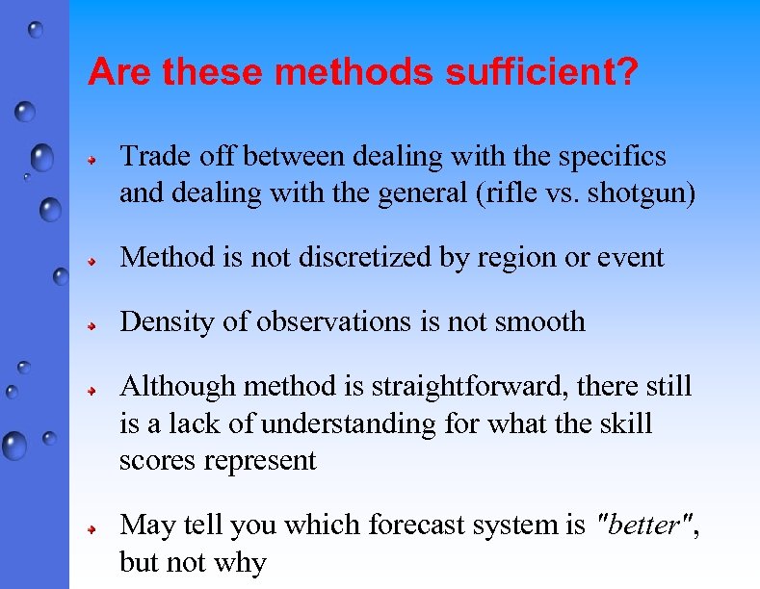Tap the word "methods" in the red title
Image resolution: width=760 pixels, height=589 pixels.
click(x=354, y=72)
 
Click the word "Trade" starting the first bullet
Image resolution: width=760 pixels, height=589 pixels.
click(x=150, y=157)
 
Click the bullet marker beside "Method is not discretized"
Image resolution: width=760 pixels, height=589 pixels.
click(x=87, y=260)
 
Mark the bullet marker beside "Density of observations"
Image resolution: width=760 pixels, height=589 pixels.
click(x=87, y=324)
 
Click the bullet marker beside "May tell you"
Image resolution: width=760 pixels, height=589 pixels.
click(x=87, y=529)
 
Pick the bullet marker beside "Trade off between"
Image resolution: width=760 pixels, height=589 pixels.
click(x=87, y=160)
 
